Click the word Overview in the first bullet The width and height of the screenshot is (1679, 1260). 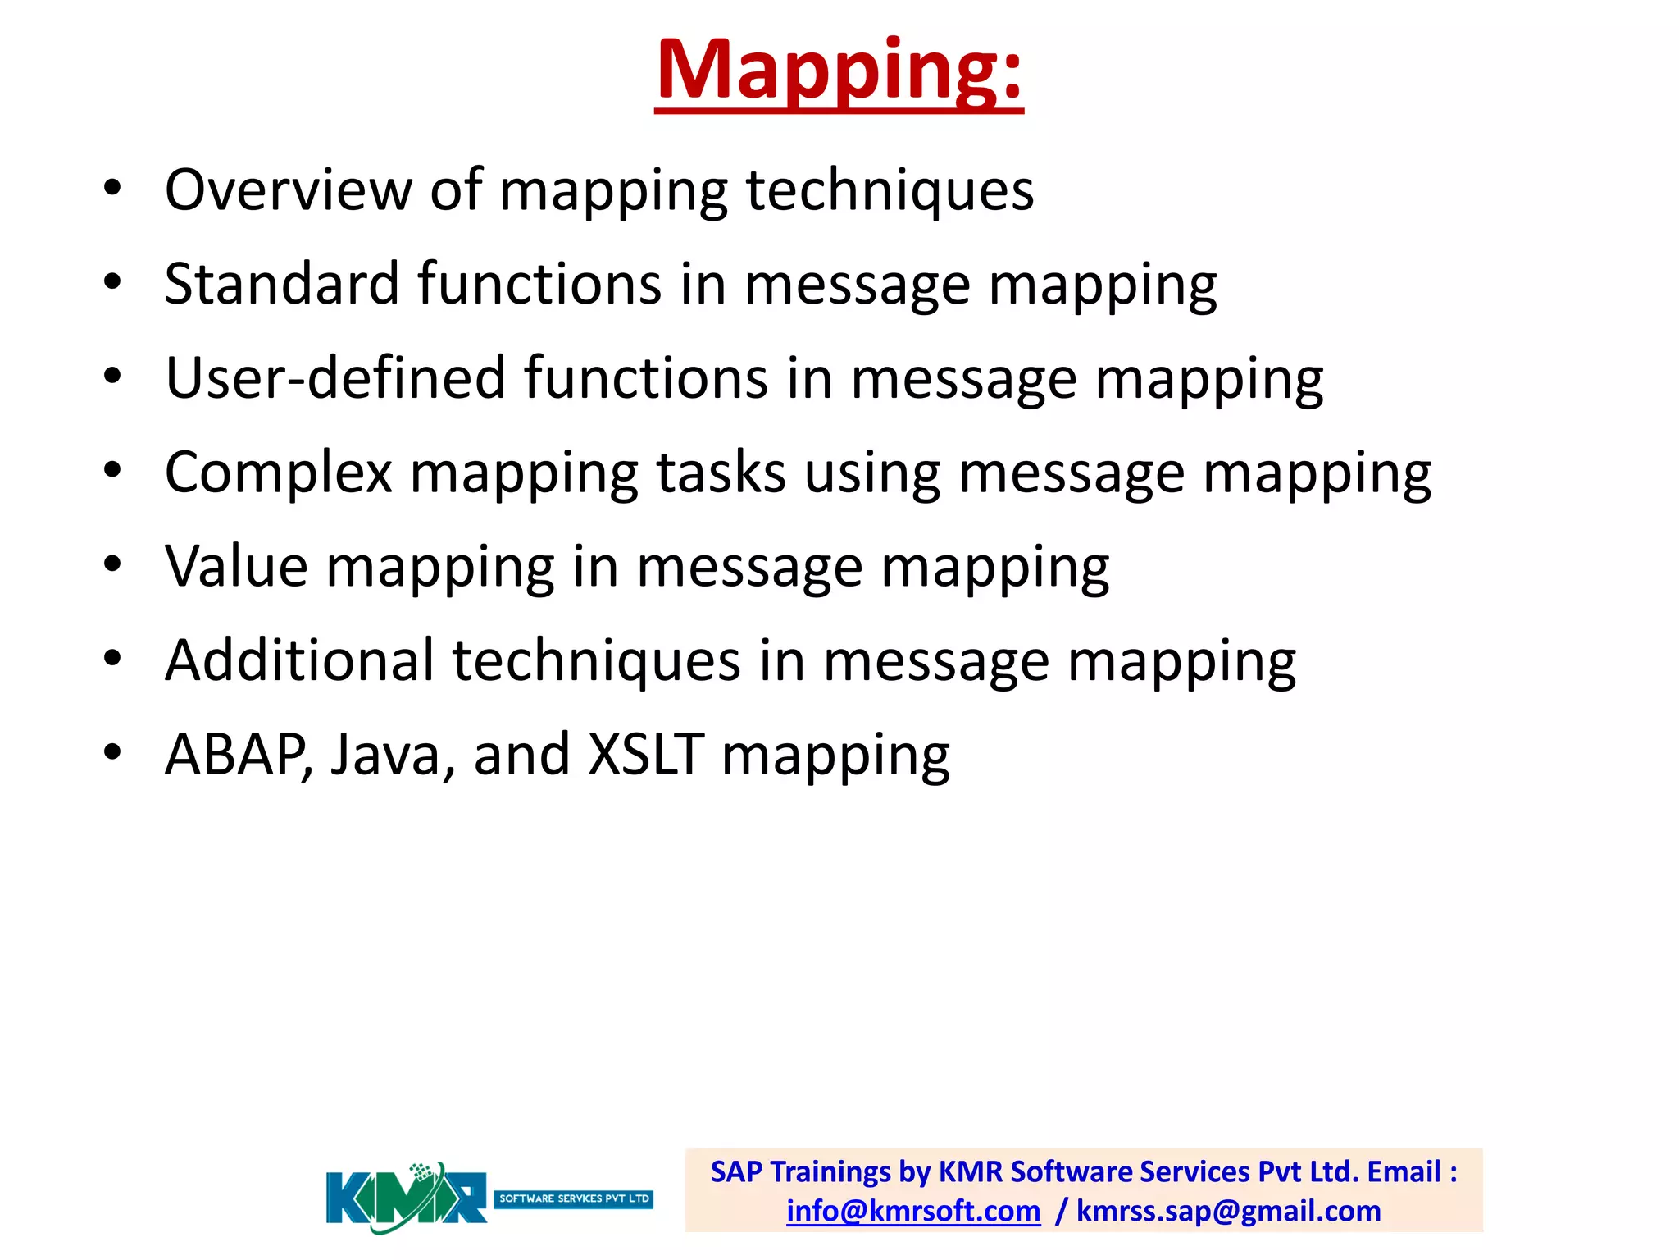click(x=288, y=190)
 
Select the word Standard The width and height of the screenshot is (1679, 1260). click(x=281, y=285)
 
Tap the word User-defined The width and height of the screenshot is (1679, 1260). click(x=334, y=378)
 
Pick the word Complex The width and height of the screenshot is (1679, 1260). click(x=279, y=473)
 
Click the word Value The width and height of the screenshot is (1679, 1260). click(x=236, y=567)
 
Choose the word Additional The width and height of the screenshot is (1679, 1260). click(x=299, y=661)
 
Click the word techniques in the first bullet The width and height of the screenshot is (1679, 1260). click(x=890, y=190)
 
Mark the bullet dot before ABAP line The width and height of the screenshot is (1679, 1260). click(x=112, y=752)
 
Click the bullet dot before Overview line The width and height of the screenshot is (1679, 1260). click(x=112, y=188)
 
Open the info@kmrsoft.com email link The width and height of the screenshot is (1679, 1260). click(x=913, y=1211)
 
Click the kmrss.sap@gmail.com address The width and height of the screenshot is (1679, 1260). click(x=1228, y=1211)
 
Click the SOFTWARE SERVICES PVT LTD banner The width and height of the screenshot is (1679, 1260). click(x=574, y=1198)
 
